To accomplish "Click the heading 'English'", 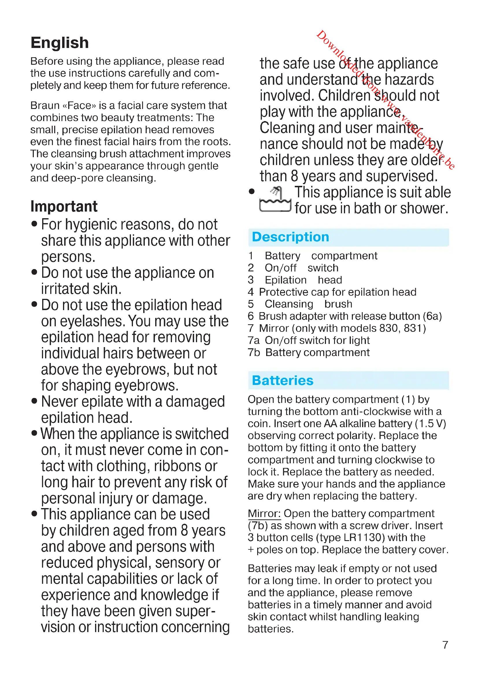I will [60, 43].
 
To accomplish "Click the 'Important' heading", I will [64, 206].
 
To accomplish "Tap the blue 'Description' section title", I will [290, 237].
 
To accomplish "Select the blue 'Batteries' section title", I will [283, 380].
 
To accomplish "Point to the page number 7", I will [445, 645].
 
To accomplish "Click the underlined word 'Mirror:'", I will [264, 514].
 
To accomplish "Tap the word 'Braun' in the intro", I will [45, 105].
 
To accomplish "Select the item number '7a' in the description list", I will [253, 340].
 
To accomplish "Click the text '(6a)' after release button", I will [432, 316].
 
